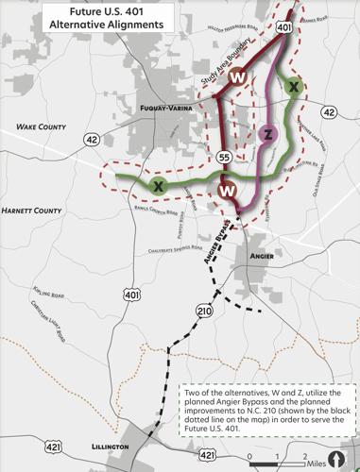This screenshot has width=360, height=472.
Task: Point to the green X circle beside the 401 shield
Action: pyautogui.click(x=295, y=87)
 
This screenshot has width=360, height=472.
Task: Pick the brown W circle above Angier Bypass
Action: pyautogui.click(x=228, y=191)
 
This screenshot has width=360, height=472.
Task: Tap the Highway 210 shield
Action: pyautogui.click(x=205, y=312)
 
